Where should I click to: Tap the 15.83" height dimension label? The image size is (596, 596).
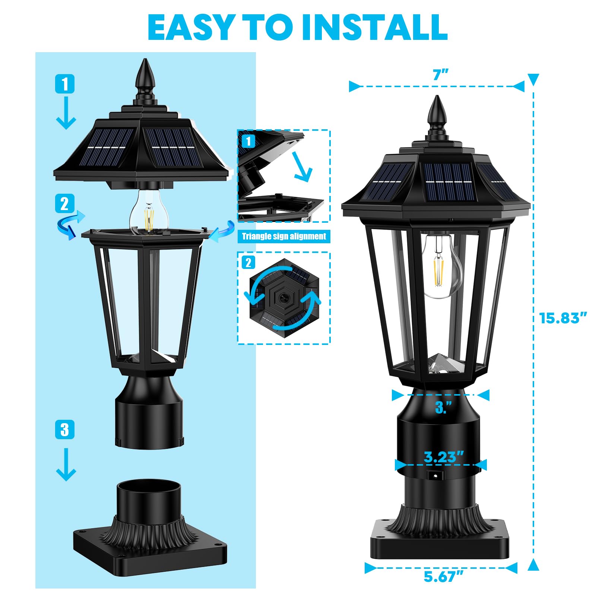[x=563, y=318]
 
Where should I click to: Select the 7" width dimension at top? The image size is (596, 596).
[x=440, y=75]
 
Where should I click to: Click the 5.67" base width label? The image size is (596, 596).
[x=443, y=577]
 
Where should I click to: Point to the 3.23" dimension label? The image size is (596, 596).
[x=444, y=457]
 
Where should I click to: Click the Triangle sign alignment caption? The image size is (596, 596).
[x=284, y=237]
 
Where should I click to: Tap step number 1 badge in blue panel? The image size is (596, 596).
[x=65, y=84]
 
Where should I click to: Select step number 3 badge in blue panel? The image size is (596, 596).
[x=65, y=429]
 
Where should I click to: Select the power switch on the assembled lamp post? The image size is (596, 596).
[x=434, y=476]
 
